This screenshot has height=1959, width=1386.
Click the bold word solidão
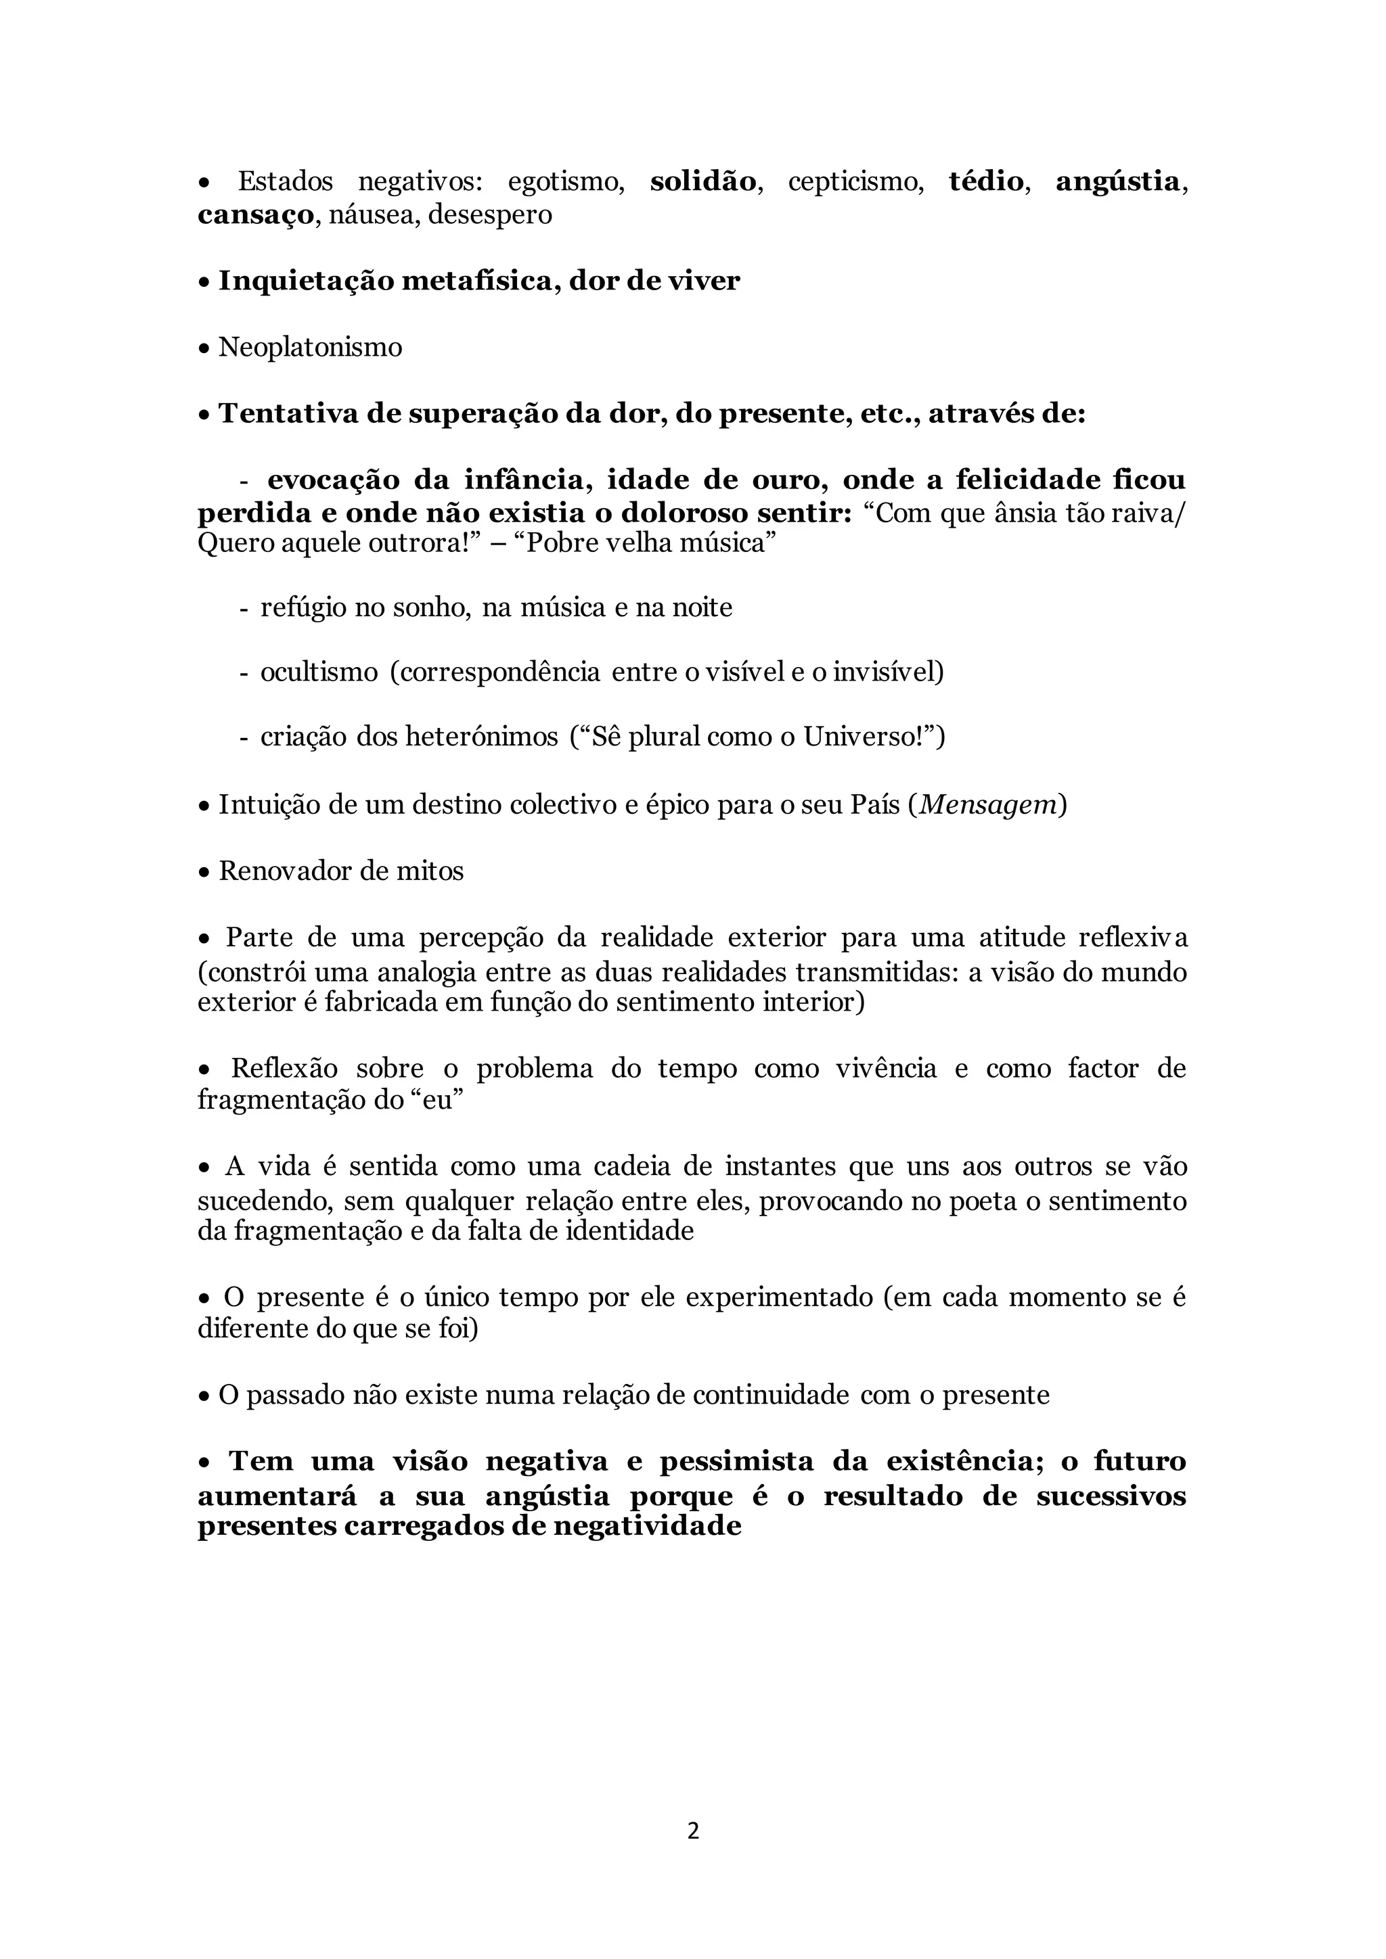[702, 182]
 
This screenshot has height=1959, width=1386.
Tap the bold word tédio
[986, 182]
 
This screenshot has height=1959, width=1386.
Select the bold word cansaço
[256, 215]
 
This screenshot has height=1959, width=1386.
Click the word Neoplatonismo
[310, 348]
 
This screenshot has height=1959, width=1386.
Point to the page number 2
[693, 1831]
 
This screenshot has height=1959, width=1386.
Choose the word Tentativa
[288, 414]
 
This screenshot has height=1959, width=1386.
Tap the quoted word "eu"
[431, 1100]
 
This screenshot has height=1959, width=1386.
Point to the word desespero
[490, 215]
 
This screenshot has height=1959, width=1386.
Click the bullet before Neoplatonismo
[204, 349]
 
